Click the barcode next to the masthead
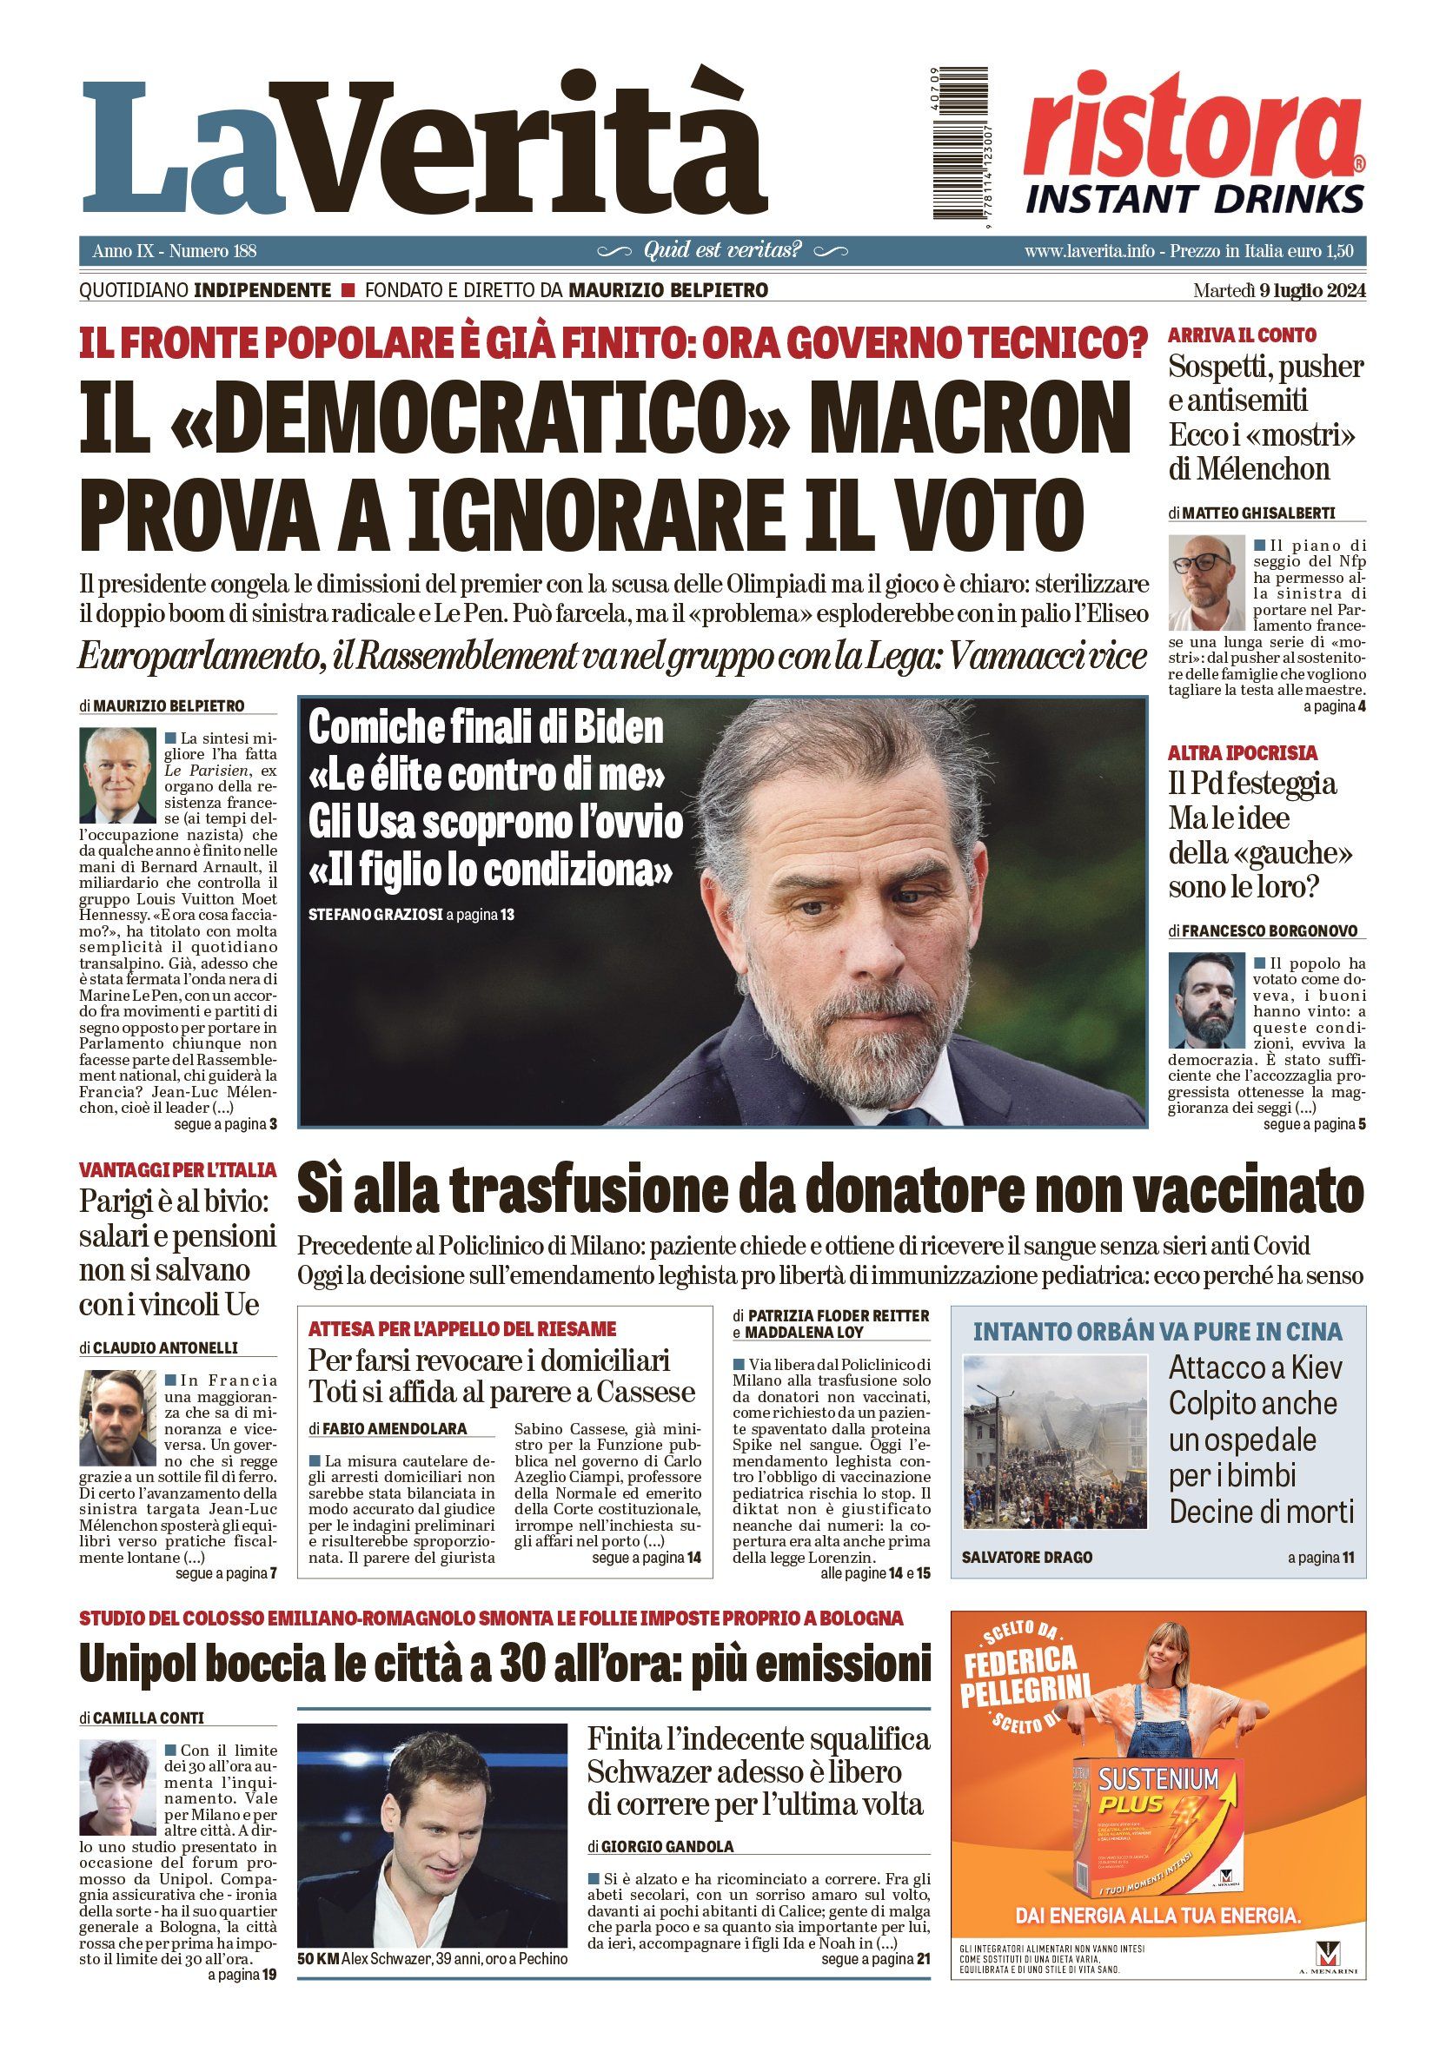pyautogui.click(x=960, y=143)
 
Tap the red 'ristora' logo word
pyautogui.click(x=1192, y=125)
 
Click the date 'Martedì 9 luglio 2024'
pyautogui.click(x=1279, y=290)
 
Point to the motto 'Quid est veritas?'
pyautogui.click(x=722, y=250)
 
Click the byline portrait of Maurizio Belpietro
pyautogui.click(x=118, y=775)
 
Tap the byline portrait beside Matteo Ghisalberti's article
pyautogui.click(x=1205, y=583)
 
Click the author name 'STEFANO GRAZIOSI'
pyautogui.click(x=375, y=915)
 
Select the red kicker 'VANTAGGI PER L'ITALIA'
pyautogui.click(x=177, y=1170)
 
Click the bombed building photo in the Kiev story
pyautogui.click(x=1055, y=1441)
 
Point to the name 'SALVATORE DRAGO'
pyautogui.click(x=1027, y=1557)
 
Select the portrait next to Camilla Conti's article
pyautogui.click(x=118, y=1787)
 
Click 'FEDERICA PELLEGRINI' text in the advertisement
pyautogui.click(x=1025, y=1678)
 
